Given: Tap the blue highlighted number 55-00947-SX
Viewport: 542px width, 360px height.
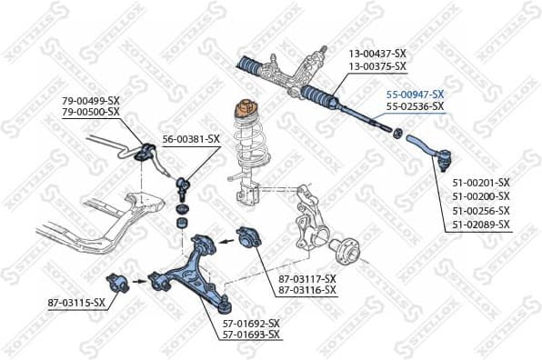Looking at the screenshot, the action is click(x=415, y=94).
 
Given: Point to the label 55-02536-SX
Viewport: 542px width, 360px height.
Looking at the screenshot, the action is click(x=415, y=106).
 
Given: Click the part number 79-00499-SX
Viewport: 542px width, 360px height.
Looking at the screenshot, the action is click(x=91, y=100).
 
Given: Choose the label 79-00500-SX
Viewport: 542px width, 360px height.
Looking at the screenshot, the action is click(x=91, y=112).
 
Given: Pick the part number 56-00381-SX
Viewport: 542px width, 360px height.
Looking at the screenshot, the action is click(x=191, y=139).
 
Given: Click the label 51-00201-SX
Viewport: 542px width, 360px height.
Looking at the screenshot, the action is click(x=481, y=183).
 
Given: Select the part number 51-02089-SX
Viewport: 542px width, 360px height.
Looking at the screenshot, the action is click(x=481, y=224).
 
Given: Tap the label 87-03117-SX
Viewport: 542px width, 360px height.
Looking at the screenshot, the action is click(x=306, y=278).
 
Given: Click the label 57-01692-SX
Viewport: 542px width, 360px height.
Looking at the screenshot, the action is click(x=252, y=323).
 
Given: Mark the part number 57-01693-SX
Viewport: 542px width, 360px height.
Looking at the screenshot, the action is click(x=252, y=335).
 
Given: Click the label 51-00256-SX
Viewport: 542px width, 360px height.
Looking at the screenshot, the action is click(x=481, y=210).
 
